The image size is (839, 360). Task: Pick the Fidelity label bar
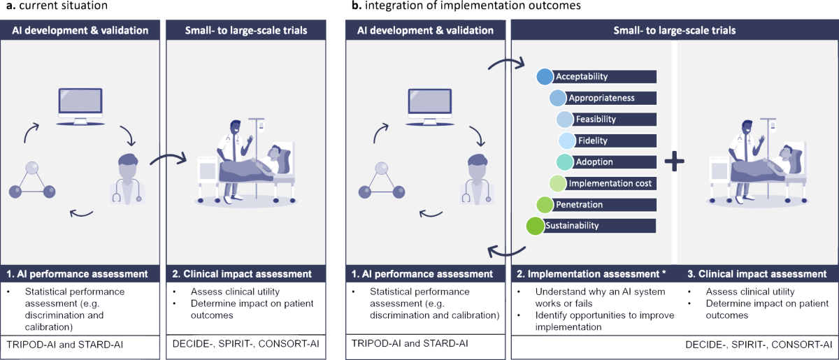tap(615, 141)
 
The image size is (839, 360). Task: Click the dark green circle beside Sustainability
tap(535, 226)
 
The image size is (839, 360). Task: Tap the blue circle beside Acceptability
tap(545, 77)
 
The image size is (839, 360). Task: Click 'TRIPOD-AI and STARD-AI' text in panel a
tap(59, 344)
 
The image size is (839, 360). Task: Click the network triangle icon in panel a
tap(32, 180)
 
